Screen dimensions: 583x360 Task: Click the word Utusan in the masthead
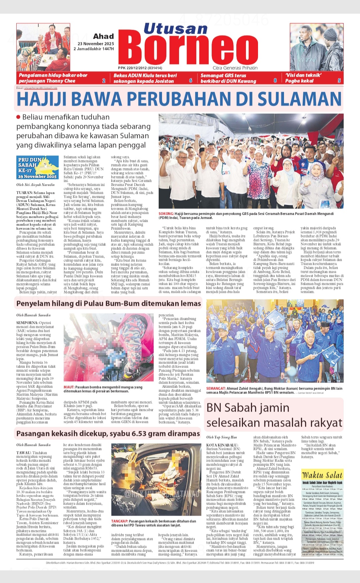pyautogui.click(x=175, y=29)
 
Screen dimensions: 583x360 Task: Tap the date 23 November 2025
pyautogui.click(x=96, y=44)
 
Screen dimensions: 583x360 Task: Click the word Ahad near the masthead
pyautogui.click(x=103, y=36)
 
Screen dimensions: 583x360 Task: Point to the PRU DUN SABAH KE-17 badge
pyautogui.click(x=37, y=168)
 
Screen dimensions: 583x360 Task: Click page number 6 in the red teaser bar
pyautogui.click(x=191, y=81)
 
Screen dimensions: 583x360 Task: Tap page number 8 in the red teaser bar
pyautogui.click(x=275, y=81)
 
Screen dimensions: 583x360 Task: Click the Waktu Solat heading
pyautogui.click(x=322, y=475)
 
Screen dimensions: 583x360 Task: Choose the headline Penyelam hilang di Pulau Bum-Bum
pyautogui.click(x=108, y=304)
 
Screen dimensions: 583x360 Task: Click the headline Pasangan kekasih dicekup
pyautogui.click(x=108, y=434)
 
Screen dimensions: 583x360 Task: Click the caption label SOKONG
pyautogui.click(x=166, y=214)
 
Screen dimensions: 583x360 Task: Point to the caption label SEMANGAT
pyautogui.click(x=216, y=389)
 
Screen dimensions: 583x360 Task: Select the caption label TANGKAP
pyautogui.click(x=120, y=521)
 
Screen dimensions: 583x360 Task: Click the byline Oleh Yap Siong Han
pyautogui.click(x=221, y=437)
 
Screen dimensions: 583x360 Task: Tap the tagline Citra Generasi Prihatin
pyautogui.click(x=235, y=68)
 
